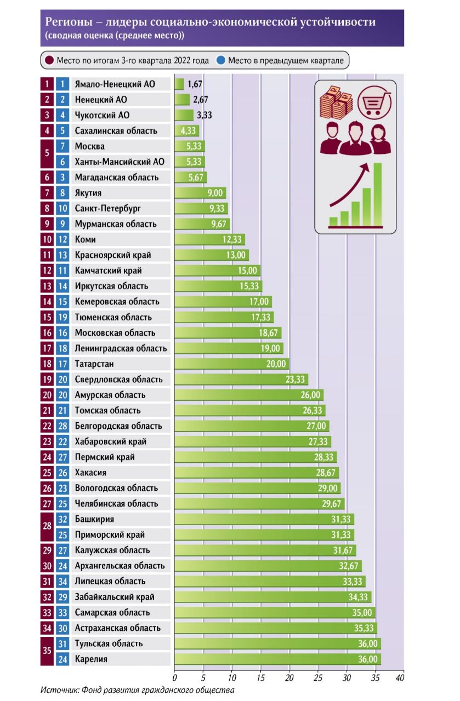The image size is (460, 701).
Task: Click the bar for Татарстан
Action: point(231,364)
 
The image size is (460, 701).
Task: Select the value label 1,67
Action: point(195,84)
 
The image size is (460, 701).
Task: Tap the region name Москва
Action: point(89,146)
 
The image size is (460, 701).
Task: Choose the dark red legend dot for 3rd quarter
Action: point(49,60)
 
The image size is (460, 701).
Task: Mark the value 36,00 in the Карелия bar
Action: point(368,659)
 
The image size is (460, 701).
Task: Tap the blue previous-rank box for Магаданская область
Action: point(63,177)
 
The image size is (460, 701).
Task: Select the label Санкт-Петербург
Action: point(108,209)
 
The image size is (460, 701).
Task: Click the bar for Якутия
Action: point(200,193)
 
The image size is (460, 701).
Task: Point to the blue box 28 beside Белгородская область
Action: point(63,426)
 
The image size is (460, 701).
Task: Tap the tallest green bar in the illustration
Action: point(378,194)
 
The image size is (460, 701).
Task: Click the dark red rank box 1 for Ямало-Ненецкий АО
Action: point(48,84)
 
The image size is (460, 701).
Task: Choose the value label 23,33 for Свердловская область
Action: point(297,380)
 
